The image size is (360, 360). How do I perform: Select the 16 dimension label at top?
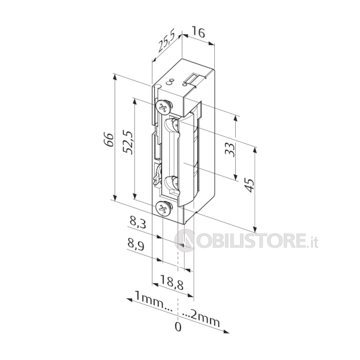click(x=198, y=32)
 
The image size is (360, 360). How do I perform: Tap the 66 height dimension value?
click(x=109, y=139)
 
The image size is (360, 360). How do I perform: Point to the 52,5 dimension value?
click(x=128, y=142)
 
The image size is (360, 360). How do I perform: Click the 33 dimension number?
click(x=230, y=149)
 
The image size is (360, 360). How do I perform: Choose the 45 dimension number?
click(x=250, y=185)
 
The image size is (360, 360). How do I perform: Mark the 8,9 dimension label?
click(x=136, y=245)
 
